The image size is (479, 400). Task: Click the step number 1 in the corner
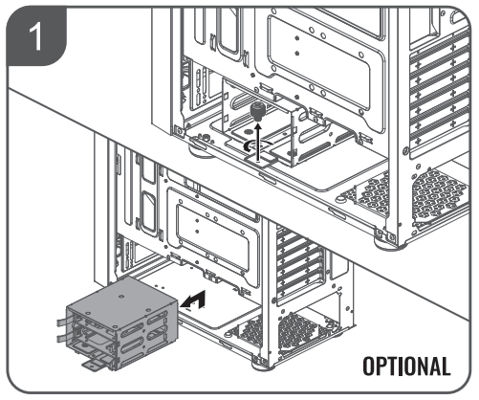(35, 37)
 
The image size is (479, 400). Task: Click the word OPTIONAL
(406, 366)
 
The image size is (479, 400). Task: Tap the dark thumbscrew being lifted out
(256, 112)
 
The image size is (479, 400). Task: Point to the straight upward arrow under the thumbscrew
(258, 142)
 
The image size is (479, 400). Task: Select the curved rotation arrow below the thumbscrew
(257, 146)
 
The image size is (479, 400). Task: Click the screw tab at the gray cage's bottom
(94, 366)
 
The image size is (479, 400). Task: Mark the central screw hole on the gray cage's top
(121, 297)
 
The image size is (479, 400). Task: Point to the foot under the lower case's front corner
(262, 366)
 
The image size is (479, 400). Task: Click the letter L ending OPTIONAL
(446, 366)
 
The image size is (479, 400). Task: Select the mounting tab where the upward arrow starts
(259, 159)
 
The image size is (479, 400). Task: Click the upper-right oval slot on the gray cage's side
(157, 318)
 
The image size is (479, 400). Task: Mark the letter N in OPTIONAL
(419, 366)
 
